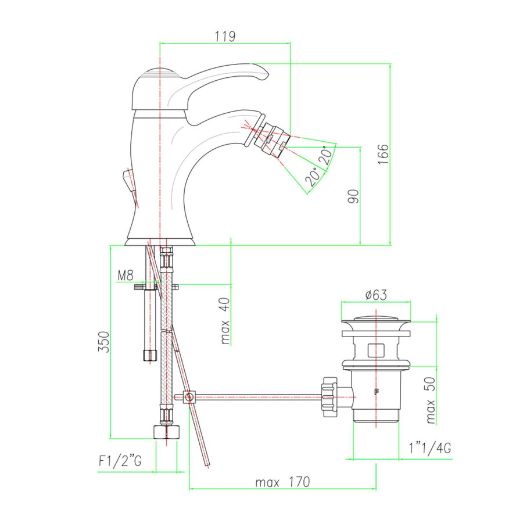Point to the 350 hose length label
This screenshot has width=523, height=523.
(x=103, y=343)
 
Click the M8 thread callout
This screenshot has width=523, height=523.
(x=127, y=275)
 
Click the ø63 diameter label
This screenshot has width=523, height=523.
(x=376, y=295)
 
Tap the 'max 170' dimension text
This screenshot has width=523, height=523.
(x=282, y=482)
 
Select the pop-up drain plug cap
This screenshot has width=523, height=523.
(x=376, y=319)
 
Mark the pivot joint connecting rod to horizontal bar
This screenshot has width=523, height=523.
(x=187, y=397)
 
